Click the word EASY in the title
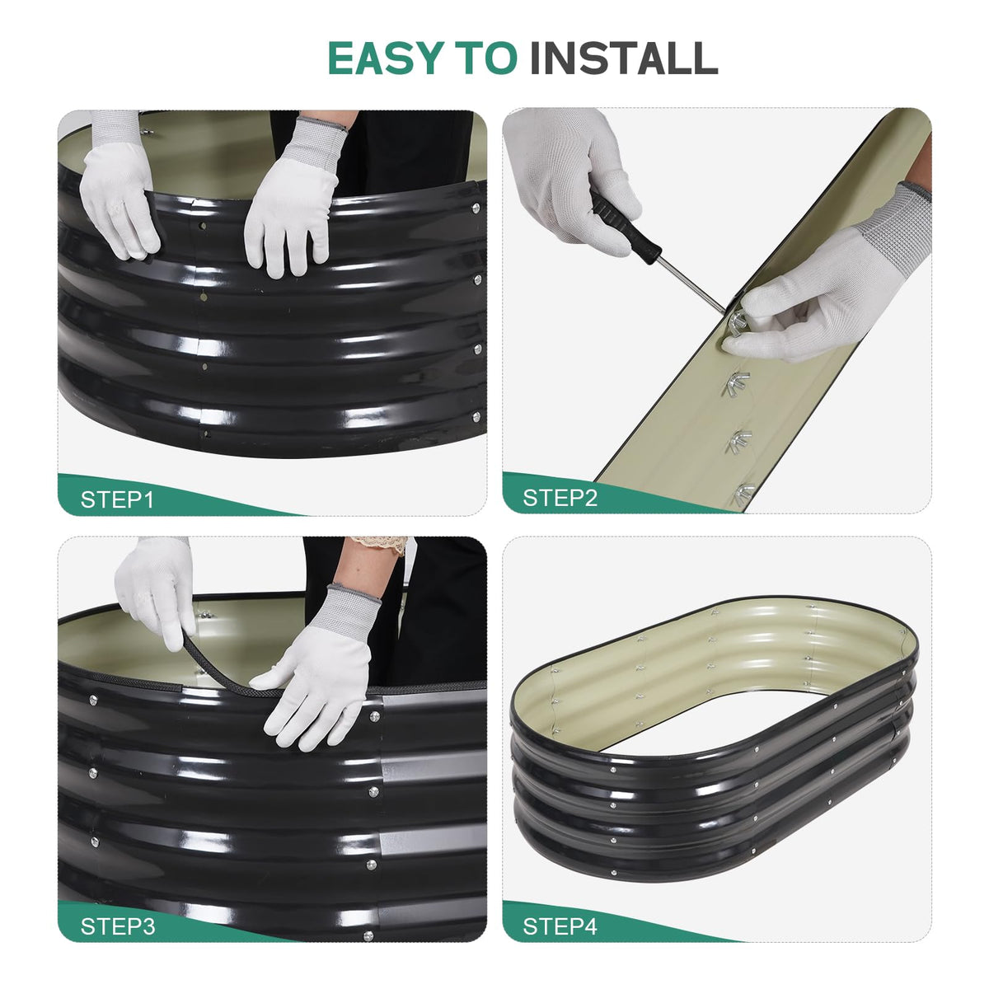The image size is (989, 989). (386, 58)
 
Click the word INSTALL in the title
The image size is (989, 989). (624, 58)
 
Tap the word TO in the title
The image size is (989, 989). (486, 58)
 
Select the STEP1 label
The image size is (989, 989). (117, 500)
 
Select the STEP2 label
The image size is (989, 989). (560, 498)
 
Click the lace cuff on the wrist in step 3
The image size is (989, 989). (380, 544)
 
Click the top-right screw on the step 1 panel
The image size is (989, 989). (476, 209)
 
